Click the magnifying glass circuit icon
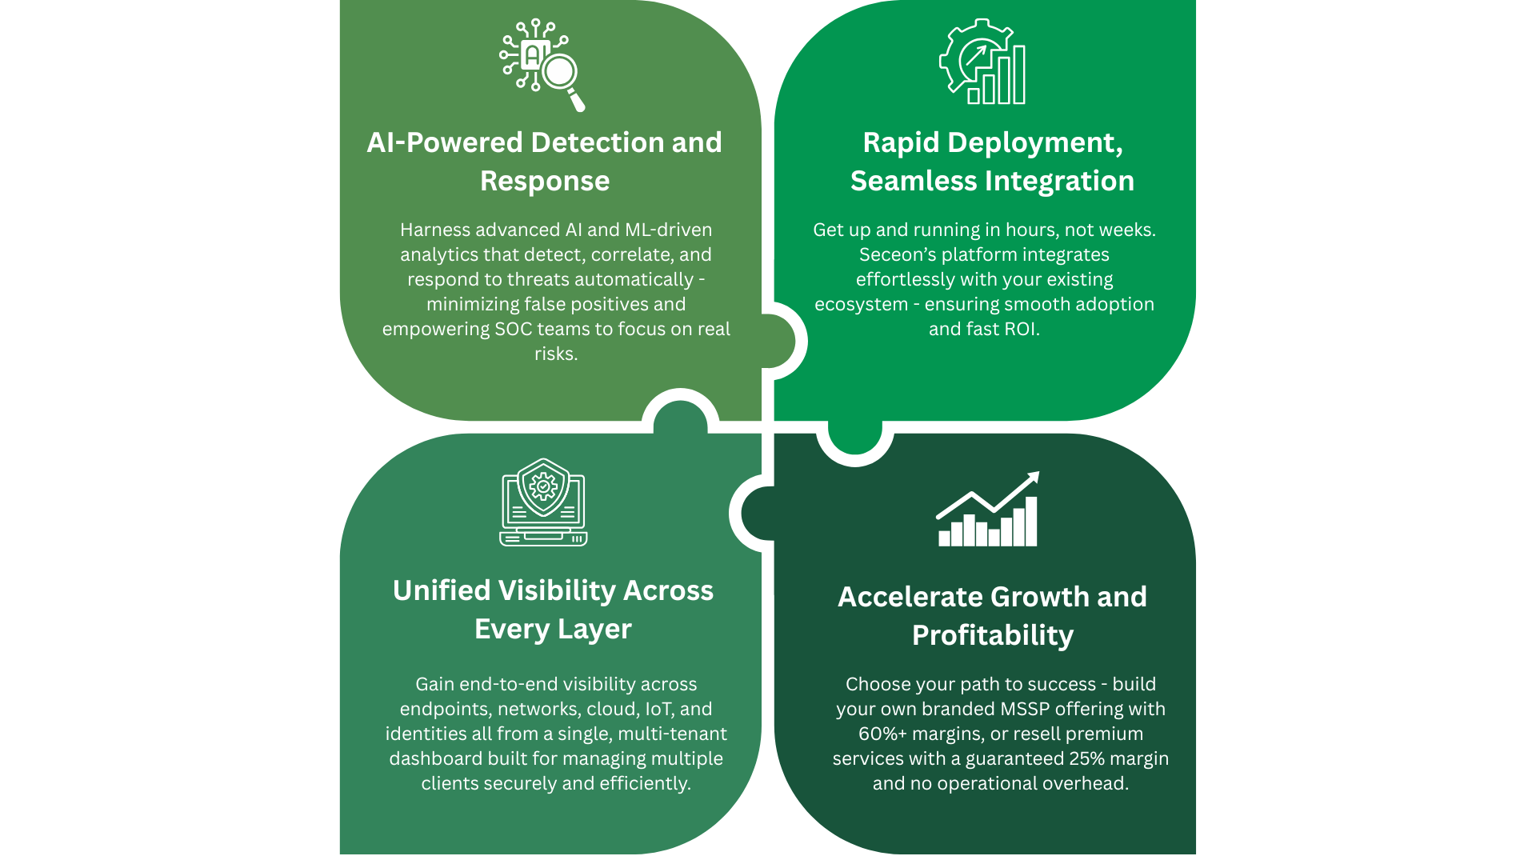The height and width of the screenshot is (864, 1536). click(x=542, y=65)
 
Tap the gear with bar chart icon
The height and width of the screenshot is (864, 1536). click(x=982, y=62)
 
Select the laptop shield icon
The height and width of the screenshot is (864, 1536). click(x=543, y=502)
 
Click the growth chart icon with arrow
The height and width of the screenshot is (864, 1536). click(x=988, y=510)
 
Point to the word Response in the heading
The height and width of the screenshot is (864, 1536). click(x=545, y=181)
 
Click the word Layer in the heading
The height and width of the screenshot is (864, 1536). click(x=594, y=629)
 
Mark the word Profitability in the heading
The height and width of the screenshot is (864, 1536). click(x=993, y=635)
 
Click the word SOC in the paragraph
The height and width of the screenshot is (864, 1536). click(x=513, y=329)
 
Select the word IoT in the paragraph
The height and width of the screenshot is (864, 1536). click(x=658, y=709)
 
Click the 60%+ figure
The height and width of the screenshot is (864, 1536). click(x=882, y=734)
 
